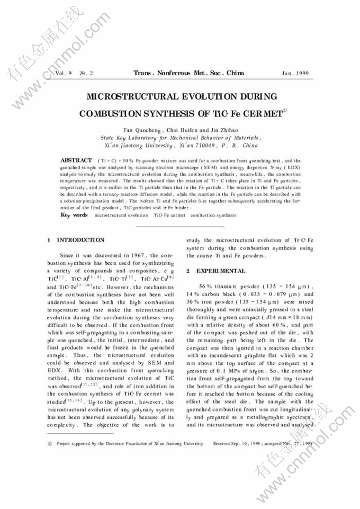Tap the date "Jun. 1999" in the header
pyautogui.click(x=295, y=74)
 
